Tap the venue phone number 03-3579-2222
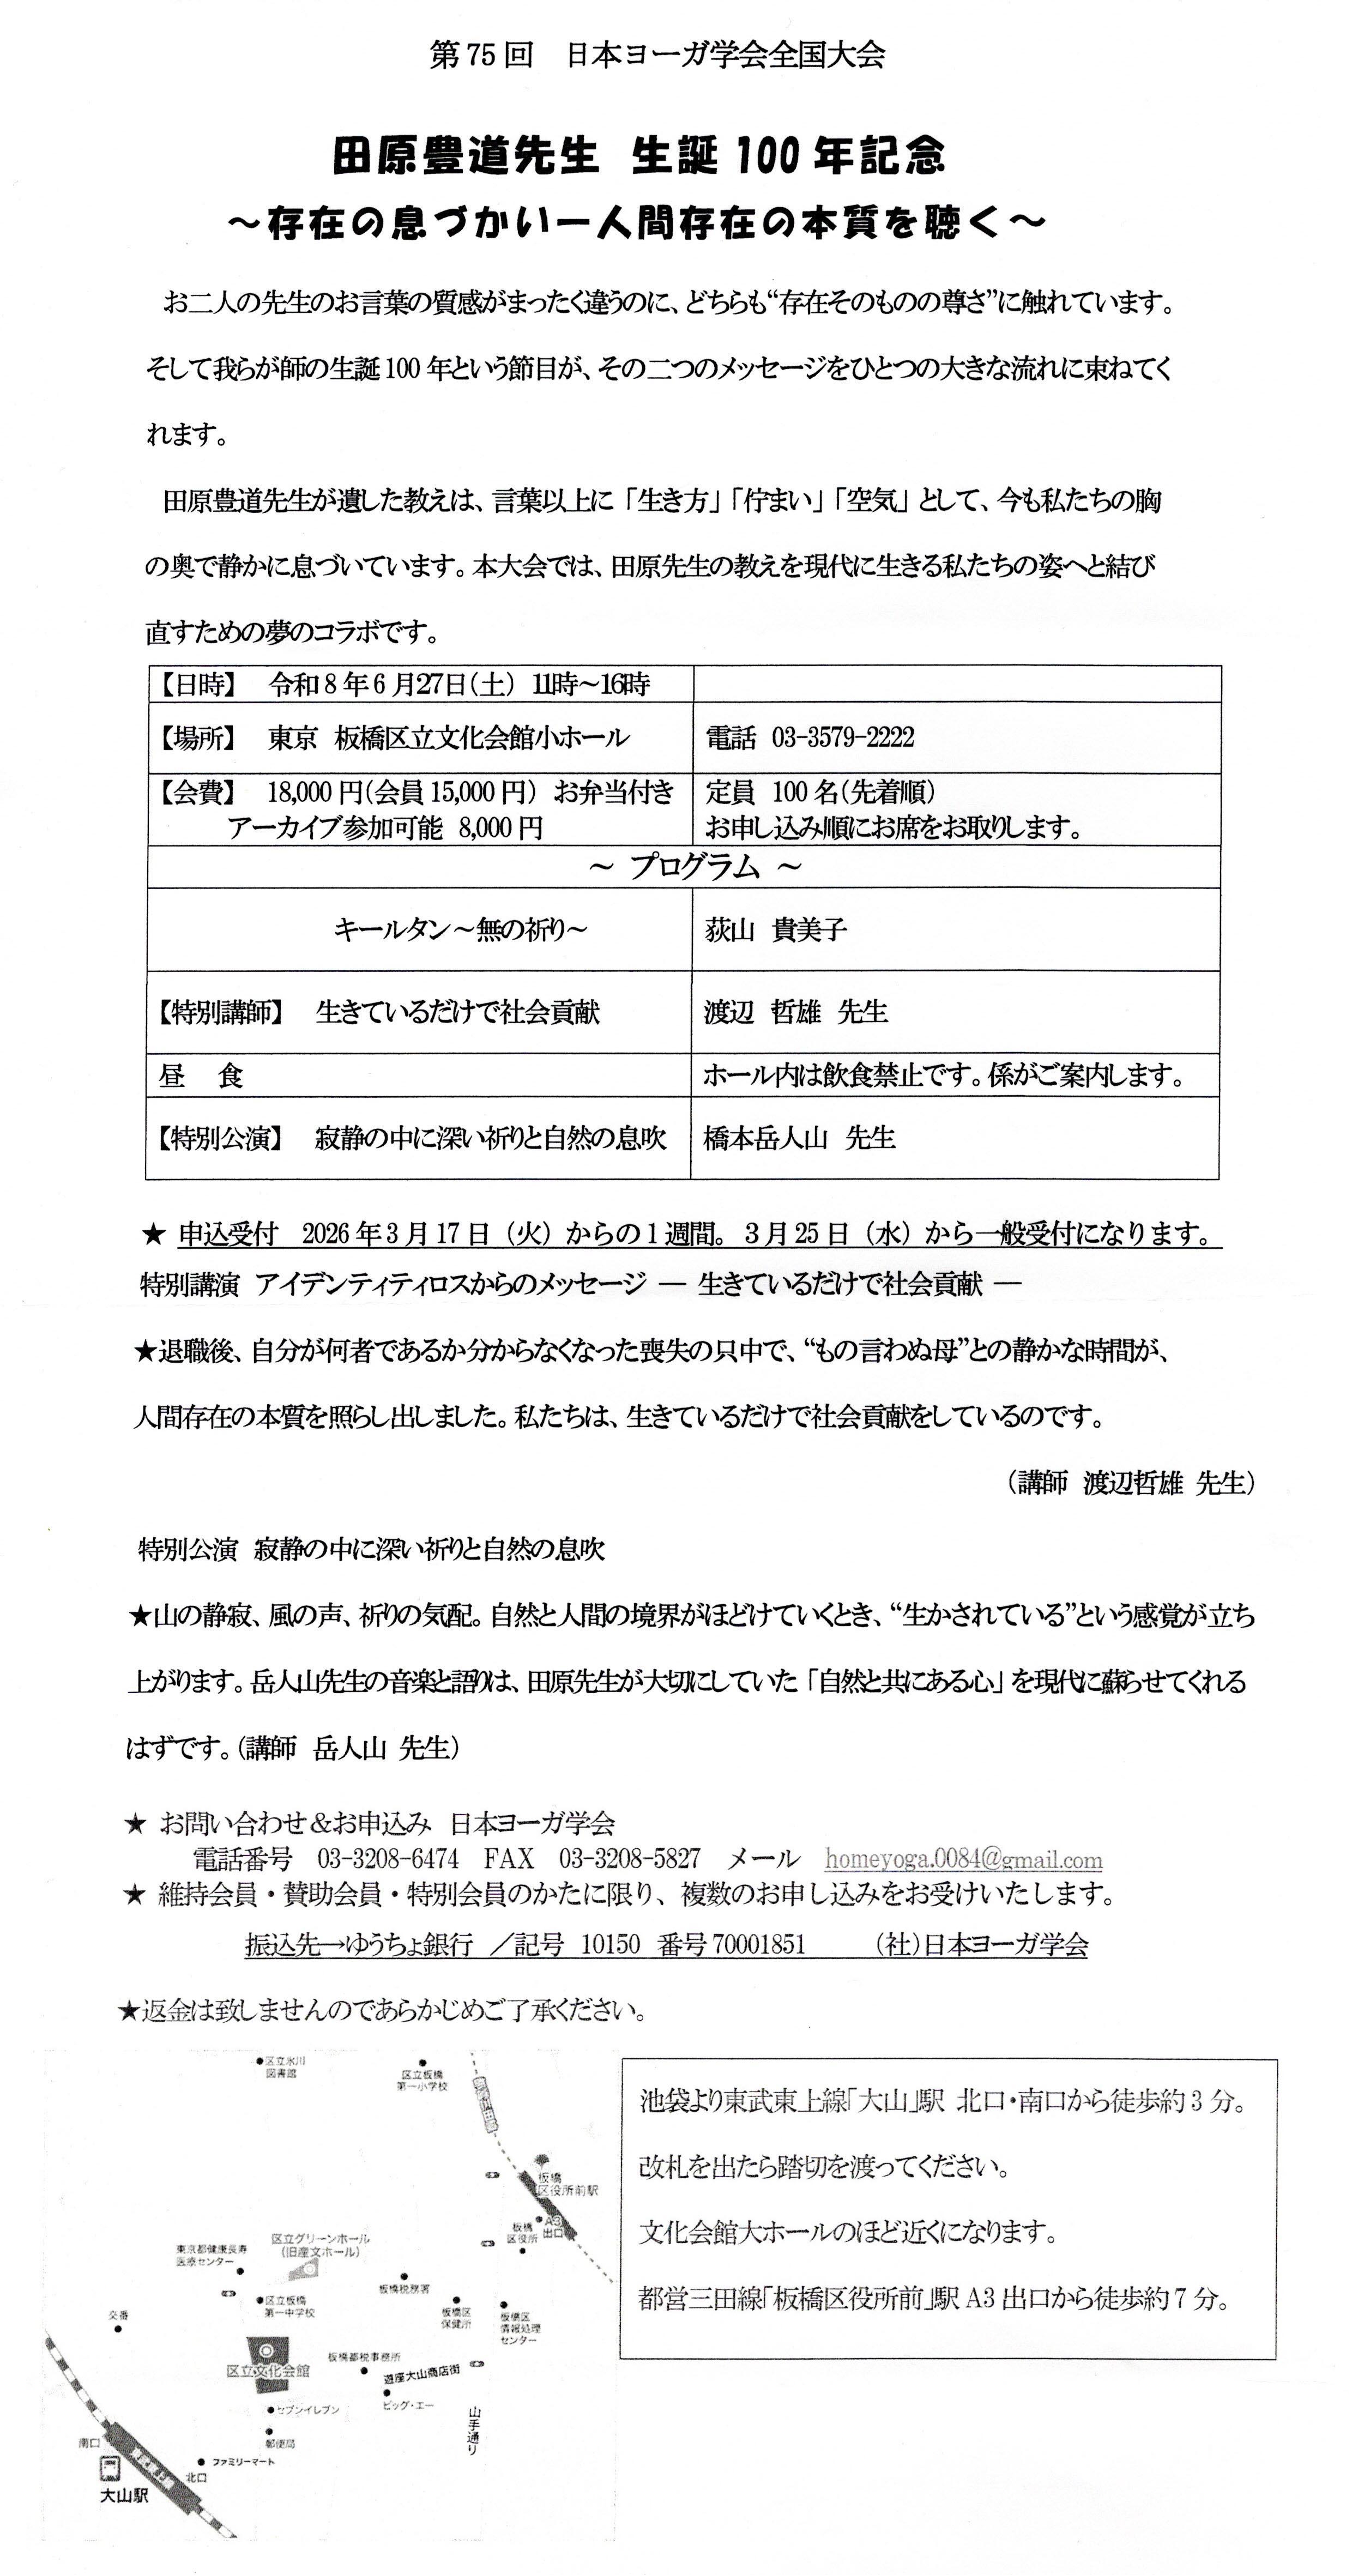coord(842,738)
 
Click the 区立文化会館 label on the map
coord(268,2370)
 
